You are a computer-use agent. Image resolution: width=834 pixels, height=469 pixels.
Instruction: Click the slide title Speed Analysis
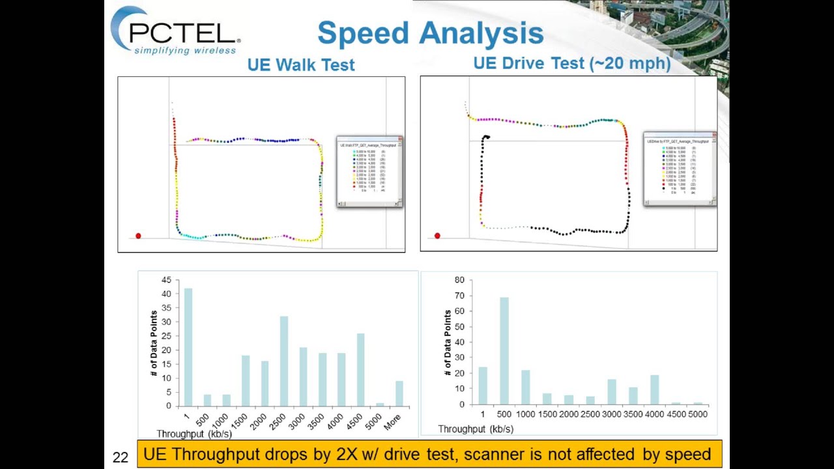(430, 33)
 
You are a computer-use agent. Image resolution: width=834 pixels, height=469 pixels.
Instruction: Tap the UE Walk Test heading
(301, 64)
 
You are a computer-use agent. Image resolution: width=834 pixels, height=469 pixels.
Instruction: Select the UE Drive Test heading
(571, 63)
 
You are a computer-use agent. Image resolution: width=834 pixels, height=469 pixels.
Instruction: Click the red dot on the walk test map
(138, 236)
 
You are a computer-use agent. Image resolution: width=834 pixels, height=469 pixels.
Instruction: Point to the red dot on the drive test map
(437, 236)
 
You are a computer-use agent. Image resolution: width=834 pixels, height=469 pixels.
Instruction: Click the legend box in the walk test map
(369, 171)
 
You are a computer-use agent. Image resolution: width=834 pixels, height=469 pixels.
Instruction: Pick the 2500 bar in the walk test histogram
(284, 361)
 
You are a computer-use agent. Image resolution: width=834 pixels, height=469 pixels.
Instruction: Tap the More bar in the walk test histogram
(399, 393)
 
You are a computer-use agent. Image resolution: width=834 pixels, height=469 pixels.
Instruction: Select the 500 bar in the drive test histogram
(504, 351)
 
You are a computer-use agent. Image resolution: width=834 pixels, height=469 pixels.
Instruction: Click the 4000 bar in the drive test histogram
(654, 390)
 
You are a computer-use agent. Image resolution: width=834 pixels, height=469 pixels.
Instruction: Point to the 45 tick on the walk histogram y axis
(166, 280)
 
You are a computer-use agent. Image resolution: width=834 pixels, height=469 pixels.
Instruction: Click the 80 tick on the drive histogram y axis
(459, 280)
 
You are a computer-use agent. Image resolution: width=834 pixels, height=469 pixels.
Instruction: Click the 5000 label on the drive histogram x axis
(697, 414)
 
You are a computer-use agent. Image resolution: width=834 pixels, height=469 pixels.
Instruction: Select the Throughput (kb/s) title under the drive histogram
(476, 429)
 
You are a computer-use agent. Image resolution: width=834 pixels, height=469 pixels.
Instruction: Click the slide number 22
(121, 457)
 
